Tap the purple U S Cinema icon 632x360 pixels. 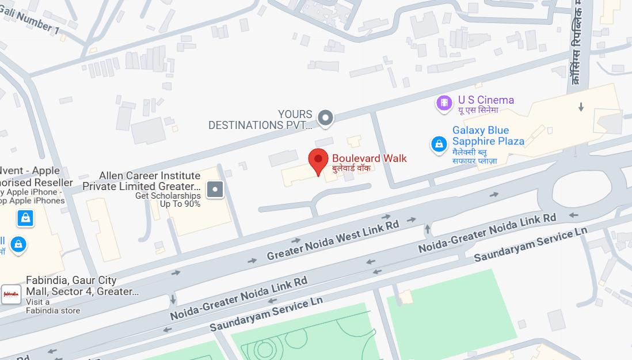point(444,103)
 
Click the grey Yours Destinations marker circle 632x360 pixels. point(326,118)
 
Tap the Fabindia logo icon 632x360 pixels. point(11,294)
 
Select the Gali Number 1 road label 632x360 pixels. point(38,21)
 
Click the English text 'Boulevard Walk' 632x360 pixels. point(369,158)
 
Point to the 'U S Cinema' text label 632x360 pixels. point(486,100)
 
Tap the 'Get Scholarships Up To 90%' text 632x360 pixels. point(168,199)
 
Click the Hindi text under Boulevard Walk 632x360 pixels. point(352,168)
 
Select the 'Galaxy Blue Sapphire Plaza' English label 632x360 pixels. point(488,136)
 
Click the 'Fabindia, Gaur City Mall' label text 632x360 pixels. point(82,286)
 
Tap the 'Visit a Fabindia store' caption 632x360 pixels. point(53,306)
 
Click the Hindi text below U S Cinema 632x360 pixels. point(477,111)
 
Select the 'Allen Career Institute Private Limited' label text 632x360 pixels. point(142,181)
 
